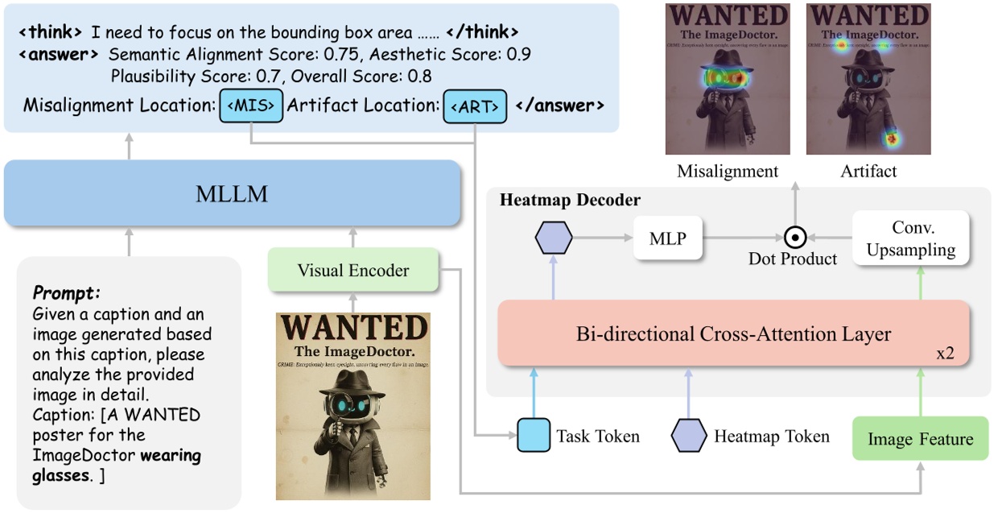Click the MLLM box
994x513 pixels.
pos(232,193)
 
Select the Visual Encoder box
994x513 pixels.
pos(353,271)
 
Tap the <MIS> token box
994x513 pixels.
pos(251,105)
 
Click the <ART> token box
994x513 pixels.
pos(475,106)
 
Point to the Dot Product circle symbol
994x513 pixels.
pos(795,238)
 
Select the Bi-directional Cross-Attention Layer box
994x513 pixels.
pos(732,333)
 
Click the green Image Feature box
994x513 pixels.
pos(920,439)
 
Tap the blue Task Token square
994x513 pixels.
pos(532,436)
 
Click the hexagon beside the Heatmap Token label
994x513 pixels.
pos(689,436)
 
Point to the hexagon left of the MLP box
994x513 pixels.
pos(553,238)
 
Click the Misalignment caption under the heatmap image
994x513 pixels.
pos(728,171)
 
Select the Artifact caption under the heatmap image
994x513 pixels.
pos(868,171)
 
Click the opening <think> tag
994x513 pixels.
pos(49,33)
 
